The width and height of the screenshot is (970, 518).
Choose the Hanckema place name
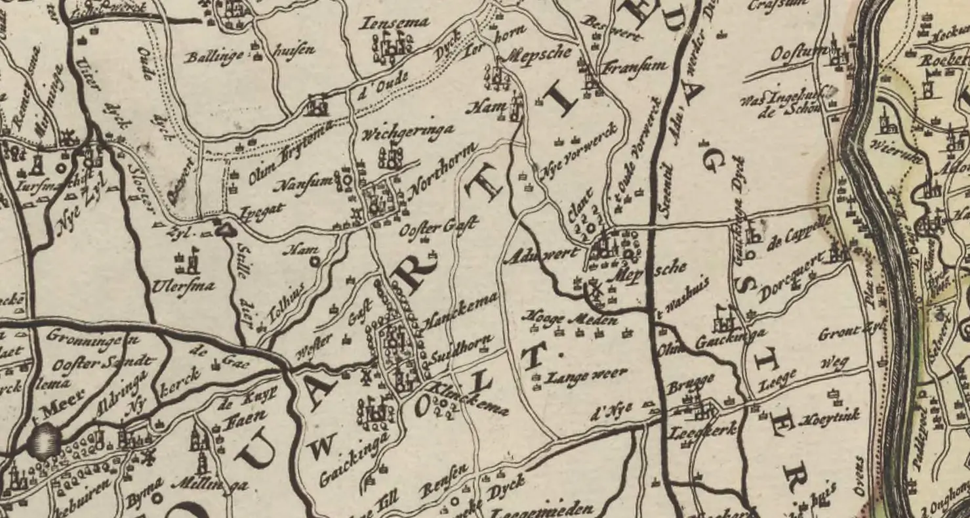point(460,312)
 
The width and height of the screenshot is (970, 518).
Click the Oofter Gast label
point(437,228)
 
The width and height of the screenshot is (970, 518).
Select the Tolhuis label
point(285,311)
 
